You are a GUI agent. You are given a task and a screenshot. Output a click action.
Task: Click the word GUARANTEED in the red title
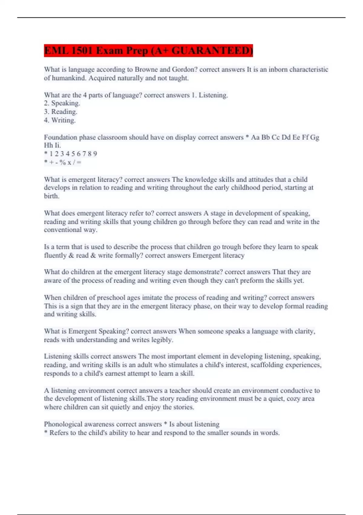click(212, 51)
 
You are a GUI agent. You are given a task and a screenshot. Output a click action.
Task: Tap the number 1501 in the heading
click(81, 51)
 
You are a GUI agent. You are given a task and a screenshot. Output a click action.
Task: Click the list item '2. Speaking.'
click(62, 103)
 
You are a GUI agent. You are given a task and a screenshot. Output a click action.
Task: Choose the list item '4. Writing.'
click(60, 120)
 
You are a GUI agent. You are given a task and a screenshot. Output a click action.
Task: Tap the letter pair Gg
click(315, 138)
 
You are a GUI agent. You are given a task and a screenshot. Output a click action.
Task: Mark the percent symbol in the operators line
click(63, 162)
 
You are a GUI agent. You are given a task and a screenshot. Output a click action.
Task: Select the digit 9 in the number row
click(95, 154)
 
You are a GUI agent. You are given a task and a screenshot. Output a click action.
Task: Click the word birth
click(51, 196)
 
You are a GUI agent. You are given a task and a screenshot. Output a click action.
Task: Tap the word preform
click(252, 281)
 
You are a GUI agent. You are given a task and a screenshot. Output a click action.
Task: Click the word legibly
click(162, 340)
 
